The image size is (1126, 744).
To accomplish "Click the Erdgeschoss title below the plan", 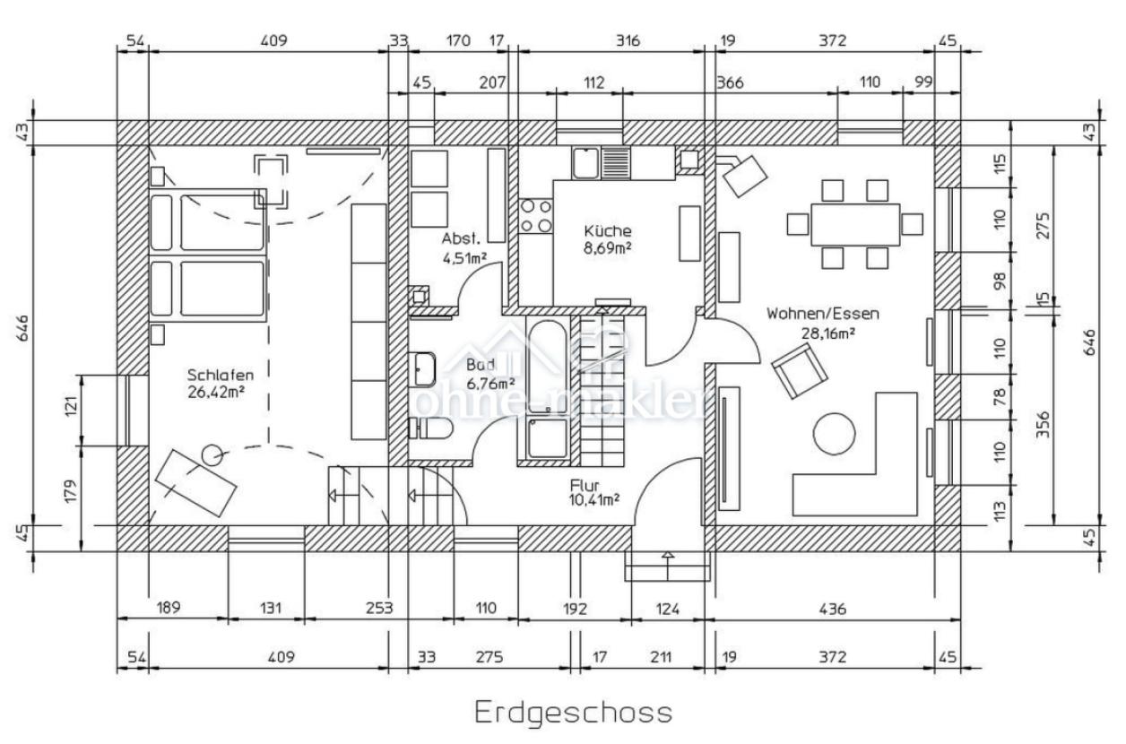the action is (x=573, y=713).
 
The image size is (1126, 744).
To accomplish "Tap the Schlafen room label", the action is (x=221, y=375).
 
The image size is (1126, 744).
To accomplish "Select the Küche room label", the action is (x=607, y=231).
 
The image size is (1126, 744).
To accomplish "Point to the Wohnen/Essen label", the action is (x=823, y=314).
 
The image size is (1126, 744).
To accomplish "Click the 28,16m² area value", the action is (x=828, y=333).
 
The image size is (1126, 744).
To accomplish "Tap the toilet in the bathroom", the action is (x=431, y=428).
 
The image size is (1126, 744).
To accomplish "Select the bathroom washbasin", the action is (x=421, y=369).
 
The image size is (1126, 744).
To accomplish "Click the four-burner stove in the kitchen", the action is (x=535, y=216).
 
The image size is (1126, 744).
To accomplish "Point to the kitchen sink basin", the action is (x=585, y=162).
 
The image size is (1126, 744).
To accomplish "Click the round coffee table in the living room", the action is (x=834, y=433).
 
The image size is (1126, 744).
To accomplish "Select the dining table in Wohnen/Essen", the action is (x=855, y=224).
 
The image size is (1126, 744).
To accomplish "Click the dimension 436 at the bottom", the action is (x=833, y=609).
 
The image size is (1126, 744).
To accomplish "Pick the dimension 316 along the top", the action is (x=628, y=39).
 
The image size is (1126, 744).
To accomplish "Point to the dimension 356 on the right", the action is (x=1043, y=425).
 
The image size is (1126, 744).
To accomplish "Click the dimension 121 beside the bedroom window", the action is (x=72, y=406).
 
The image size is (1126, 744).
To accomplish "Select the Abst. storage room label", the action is (x=461, y=238).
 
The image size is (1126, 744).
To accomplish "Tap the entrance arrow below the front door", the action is (x=667, y=566).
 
